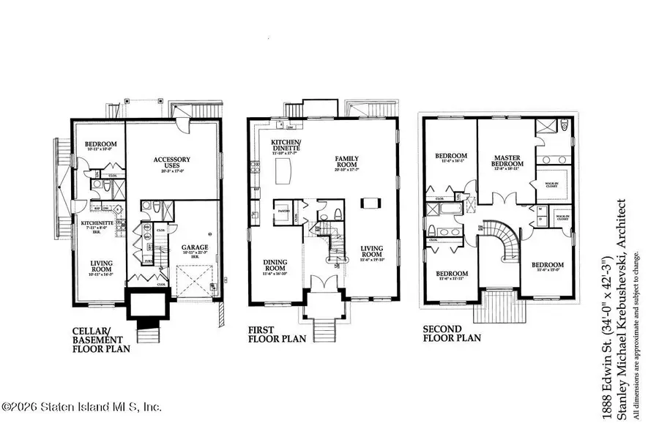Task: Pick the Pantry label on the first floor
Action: [281, 208]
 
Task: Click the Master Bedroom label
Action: [506, 161]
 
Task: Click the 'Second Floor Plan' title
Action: [452, 334]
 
